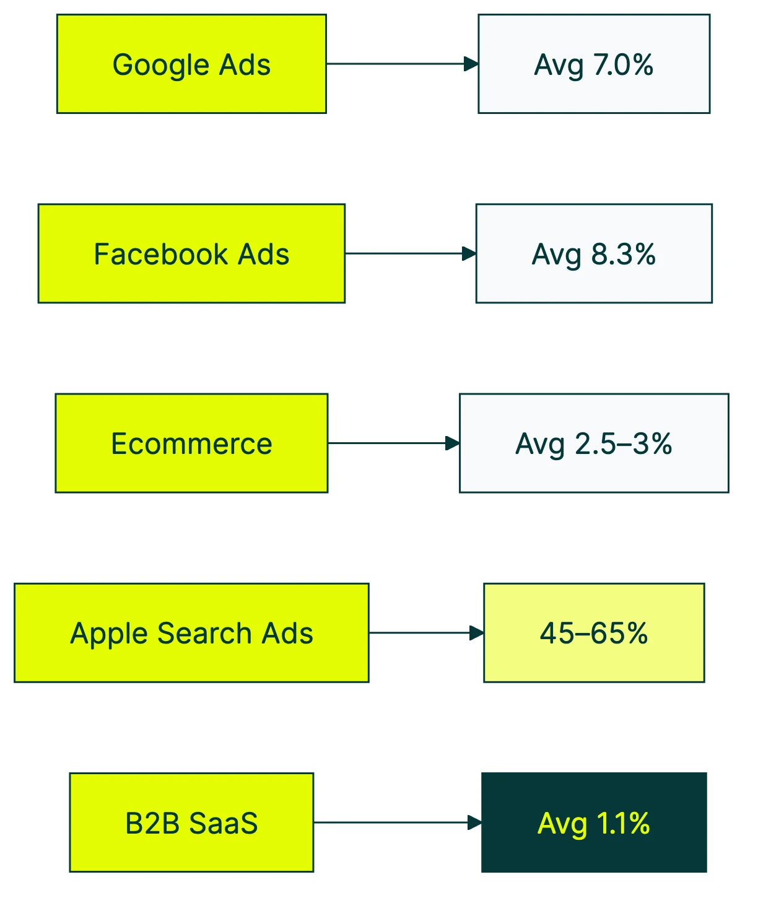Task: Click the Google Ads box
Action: coord(191,64)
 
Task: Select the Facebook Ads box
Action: coord(191,253)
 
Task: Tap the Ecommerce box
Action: coord(191,443)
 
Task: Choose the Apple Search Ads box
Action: coord(191,633)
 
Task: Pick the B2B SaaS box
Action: coord(191,822)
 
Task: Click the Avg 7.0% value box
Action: coord(594,64)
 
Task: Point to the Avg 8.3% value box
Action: coord(594,253)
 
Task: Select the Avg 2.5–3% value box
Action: coord(594,443)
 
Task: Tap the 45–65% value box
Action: coord(594,633)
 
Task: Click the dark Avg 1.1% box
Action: coord(594,822)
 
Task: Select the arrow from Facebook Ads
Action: coord(409,253)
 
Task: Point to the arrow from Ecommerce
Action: coord(393,443)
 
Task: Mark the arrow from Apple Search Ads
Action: coord(425,633)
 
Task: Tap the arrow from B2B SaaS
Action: coord(397,822)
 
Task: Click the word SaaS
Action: coord(223,823)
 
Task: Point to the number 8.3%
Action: coord(623,254)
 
